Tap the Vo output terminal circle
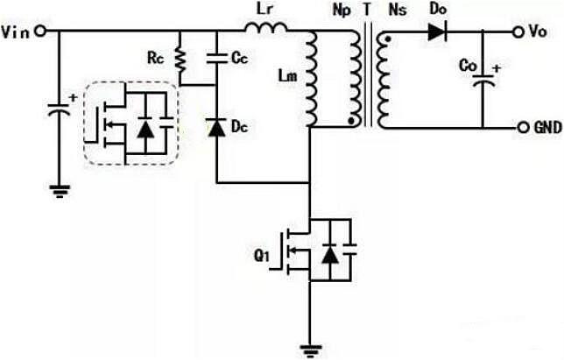517,32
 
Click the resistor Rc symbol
180,59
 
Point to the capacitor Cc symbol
216,60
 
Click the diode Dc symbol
216,128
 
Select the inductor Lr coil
266,32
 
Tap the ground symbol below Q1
310,349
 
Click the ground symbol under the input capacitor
60,189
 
